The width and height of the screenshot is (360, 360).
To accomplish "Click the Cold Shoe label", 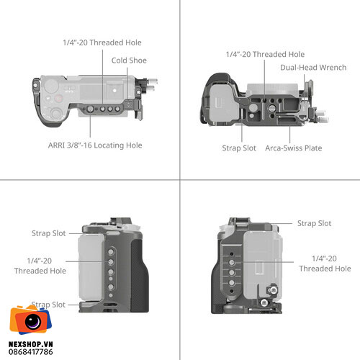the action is click(x=129, y=60).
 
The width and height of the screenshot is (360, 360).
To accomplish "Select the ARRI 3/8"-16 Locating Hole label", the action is click(x=95, y=145).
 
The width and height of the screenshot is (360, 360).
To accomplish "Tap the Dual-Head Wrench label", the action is click(x=313, y=68).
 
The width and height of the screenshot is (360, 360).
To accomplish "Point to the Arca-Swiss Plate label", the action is click(x=294, y=148).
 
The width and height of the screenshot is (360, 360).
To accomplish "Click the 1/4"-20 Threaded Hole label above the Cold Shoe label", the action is click(x=102, y=42).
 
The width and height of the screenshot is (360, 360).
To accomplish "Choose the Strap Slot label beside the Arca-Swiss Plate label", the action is click(x=239, y=148).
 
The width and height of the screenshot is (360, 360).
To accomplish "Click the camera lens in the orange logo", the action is click(x=33, y=321).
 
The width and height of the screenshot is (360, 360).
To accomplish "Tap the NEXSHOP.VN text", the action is click(x=31, y=344).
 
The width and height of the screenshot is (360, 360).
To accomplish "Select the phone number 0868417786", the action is click(x=31, y=352).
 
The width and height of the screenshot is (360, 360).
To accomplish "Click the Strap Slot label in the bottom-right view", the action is click(x=314, y=223).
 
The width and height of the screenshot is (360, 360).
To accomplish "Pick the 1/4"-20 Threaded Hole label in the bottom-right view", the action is click(x=325, y=264).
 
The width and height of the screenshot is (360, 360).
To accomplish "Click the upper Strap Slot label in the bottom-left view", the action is click(x=49, y=233).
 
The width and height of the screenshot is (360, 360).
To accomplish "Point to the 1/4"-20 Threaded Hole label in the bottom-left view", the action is click(x=40, y=266).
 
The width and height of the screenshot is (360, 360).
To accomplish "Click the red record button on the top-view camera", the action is click(x=58, y=99).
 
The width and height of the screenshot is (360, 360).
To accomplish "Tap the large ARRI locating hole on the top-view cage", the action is click(x=90, y=109).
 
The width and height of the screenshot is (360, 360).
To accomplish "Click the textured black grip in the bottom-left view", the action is click(x=139, y=276).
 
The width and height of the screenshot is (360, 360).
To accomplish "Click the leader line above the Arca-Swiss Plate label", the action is click(x=290, y=135).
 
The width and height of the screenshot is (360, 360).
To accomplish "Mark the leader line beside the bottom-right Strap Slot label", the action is click(x=282, y=223).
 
